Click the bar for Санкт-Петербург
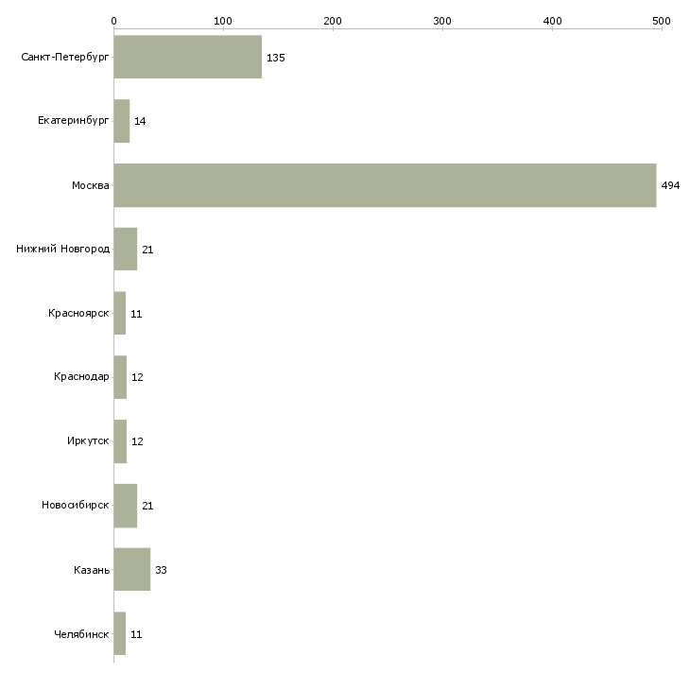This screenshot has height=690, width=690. click(188, 57)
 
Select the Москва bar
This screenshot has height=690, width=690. click(385, 185)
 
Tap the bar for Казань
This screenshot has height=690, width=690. click(132, 569)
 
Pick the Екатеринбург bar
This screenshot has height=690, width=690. click(122, 121)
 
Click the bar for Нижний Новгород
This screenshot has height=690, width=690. click(126, 250)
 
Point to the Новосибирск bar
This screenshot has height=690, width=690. click(126, 506)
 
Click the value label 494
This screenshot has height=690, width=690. click(670, 185)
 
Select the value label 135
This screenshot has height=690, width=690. click(275, 58)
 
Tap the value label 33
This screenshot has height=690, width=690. click(161, 570)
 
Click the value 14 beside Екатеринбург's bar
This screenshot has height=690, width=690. click(140, 121)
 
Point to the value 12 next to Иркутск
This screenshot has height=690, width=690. click(137, 441)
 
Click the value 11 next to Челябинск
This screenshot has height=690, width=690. click(136, 634)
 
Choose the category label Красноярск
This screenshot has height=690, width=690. click(78, 313)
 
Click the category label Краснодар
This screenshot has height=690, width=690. click(81, 377)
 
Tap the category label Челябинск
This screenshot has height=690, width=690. click(81, 634)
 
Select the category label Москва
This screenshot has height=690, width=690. click(91, 185)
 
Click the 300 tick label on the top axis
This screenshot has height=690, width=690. click(442, 21)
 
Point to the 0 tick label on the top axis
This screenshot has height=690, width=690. click(114, 21)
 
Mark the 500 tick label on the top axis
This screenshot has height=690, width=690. click(662, 21)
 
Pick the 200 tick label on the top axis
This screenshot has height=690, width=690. click(333, 21)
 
